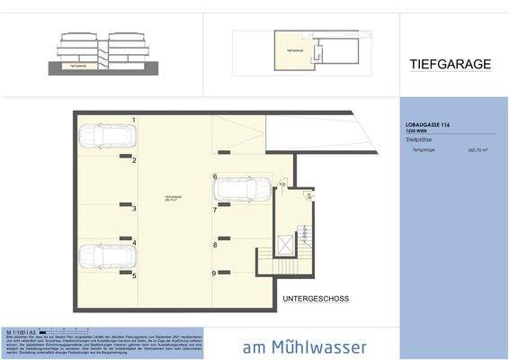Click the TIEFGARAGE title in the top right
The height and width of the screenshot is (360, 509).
451,65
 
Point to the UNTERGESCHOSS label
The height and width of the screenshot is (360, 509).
315,298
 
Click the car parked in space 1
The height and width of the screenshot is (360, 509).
105,138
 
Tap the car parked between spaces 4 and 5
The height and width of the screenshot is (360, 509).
105,256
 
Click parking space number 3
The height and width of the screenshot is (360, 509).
134,209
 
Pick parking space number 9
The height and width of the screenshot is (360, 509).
214,273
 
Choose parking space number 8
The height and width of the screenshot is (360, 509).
215,244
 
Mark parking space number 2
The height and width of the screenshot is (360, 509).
134,160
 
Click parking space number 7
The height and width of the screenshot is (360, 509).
215,210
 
